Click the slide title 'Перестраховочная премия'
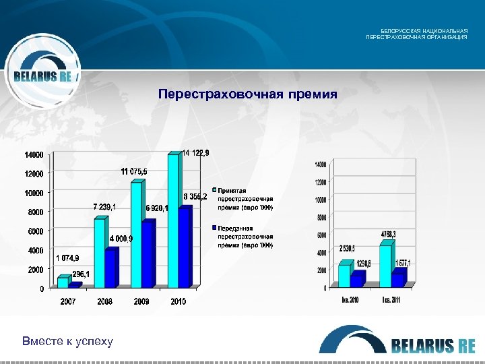point(247,94)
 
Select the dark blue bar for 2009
point(148,253)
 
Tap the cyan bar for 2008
point(100,252)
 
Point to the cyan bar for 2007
point(63,282)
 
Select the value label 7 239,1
point(104,206)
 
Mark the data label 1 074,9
point(67,257)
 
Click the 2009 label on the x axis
point(141,302)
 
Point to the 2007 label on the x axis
point(68,302)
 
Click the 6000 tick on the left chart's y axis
point(35,232)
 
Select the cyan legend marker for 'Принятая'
point(214,190)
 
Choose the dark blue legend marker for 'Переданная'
point(214,229)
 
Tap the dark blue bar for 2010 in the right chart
point(357,278)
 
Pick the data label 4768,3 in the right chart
point(387,234)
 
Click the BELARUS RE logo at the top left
point(42,76)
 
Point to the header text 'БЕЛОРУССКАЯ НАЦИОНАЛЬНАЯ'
point(424,31)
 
